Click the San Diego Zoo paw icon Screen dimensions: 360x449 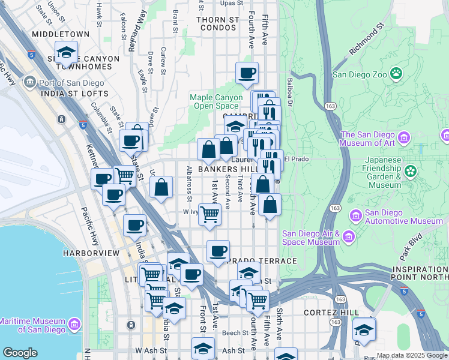click(396, 74)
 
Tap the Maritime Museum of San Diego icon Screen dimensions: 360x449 click(74, 325)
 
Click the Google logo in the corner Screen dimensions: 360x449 click(20, 353)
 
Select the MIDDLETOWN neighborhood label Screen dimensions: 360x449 click(61, 35)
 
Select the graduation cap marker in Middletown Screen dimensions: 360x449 click(67, 52)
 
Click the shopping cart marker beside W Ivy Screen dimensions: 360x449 click(209, 214)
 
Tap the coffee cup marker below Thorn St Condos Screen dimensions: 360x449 click(247, 73)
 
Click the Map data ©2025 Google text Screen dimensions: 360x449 click(412, 355)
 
